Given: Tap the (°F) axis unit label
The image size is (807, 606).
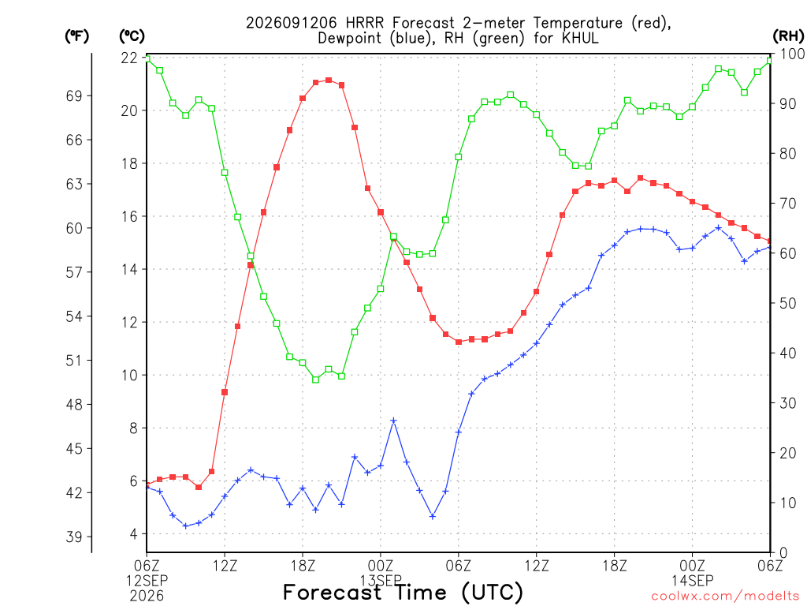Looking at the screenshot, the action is point(76,36).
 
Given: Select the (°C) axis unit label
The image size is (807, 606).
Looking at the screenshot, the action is point(132,36).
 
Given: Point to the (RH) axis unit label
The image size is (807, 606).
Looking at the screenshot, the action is point(788,36).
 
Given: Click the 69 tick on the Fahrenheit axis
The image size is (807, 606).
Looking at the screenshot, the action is point(74,95).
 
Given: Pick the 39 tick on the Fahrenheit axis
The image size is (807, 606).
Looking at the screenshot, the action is point(74,537).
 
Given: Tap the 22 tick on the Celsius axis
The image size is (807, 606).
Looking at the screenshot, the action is point(129,58).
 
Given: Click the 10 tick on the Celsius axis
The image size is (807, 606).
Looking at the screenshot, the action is point(129,375).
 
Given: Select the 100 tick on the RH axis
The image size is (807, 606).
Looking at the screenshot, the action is point(792,54).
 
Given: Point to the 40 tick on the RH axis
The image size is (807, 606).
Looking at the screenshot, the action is point(788,353).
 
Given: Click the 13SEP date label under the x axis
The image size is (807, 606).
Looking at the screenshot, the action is point(381,581).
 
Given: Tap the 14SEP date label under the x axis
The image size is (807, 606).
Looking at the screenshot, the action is point(692,581).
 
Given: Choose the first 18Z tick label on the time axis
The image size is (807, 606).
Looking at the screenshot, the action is point(303,566).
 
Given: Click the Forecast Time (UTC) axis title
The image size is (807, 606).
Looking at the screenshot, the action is point(403,592).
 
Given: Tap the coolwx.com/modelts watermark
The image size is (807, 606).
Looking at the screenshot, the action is point(725,597).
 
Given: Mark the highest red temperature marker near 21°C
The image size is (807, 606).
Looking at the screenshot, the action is point(329,80).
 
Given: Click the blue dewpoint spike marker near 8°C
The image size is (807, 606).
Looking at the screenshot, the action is point(394,421).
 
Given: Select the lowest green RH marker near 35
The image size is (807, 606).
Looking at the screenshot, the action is point(316,380).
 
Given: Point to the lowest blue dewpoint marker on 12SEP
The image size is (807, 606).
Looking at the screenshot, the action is point(186,526).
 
